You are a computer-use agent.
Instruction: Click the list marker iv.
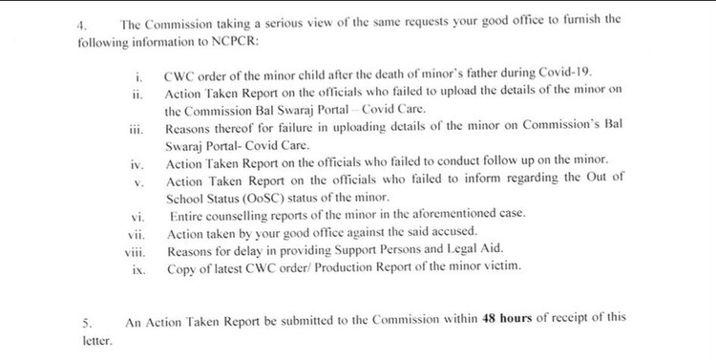[137, 163]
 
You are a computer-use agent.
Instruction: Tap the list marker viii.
[133, 251]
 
